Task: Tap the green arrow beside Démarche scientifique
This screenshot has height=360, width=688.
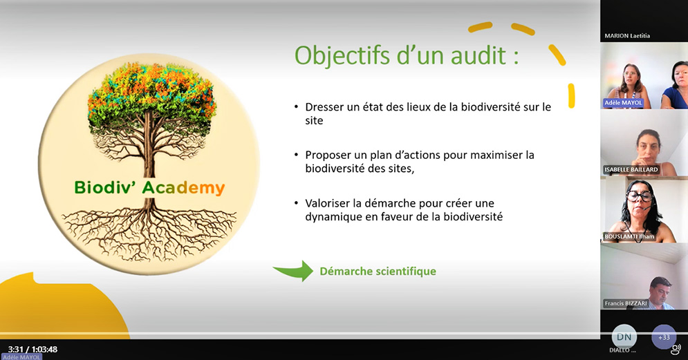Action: click(293, 271)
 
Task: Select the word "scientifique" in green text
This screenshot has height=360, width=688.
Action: click(408, 272)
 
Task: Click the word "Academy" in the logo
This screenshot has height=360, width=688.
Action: click(183, 188)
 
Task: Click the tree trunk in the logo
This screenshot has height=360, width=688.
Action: click(148, 158)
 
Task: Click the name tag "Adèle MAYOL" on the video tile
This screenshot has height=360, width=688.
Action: click(623, 103)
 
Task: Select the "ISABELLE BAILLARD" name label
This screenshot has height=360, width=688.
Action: click(631, 170)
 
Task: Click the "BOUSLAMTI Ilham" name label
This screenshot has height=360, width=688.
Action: click(629, 237)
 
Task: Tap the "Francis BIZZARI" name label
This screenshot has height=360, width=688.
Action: click(626, 303)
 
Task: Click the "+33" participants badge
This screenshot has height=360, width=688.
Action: click(664, 337)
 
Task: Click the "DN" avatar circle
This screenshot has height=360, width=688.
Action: click(624, 337)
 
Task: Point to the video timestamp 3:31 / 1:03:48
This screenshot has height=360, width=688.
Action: click(32, 350)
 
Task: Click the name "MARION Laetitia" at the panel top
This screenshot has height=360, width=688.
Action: click(627, 35)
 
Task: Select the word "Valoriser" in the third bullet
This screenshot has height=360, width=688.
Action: click(327, 203)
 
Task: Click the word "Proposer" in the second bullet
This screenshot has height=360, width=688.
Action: click(327, 155)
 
